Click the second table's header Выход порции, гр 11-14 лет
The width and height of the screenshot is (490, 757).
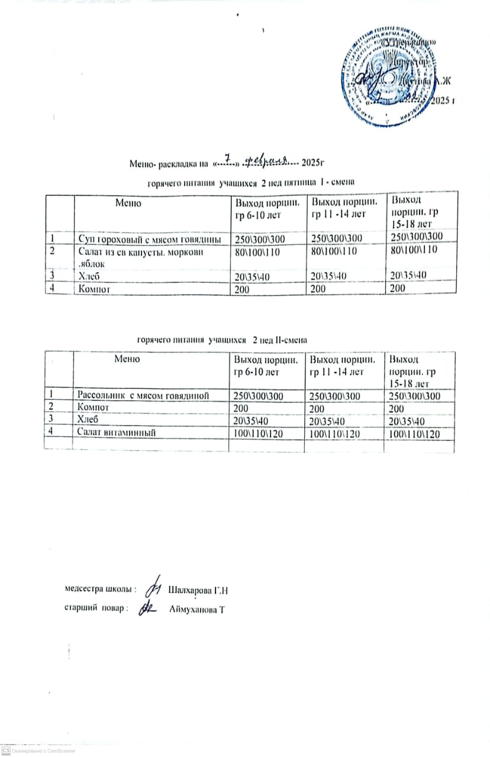pos(341,365)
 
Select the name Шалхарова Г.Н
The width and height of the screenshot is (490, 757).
pos(198,590)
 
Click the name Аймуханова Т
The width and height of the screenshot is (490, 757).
pos(198,609)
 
